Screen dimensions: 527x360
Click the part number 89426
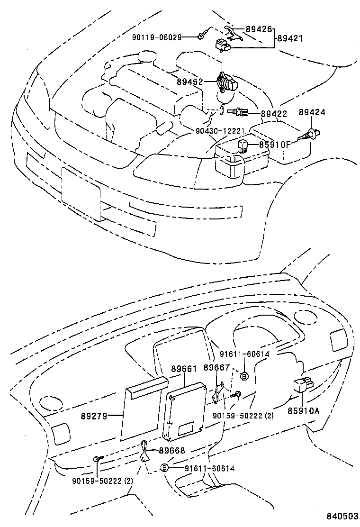point(259,29)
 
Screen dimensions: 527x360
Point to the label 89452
point(190,82)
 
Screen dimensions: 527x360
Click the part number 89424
point(311,112)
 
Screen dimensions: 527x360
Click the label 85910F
point(274,145)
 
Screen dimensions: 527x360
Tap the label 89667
point(216,368)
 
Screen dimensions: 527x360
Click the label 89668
point(171,451)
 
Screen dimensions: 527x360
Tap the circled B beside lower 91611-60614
point(165,468)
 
